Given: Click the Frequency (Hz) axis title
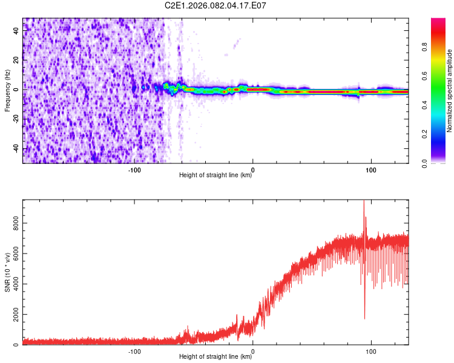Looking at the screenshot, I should tap(7, 91).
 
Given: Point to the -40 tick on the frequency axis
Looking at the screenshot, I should tap(16, 149).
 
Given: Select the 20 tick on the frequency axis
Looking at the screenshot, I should tap(16, 59).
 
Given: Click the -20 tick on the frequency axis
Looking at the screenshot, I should tap(16, 119).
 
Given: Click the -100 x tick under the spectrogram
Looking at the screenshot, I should tap(134, 169).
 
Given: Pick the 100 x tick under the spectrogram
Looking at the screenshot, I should tap(370, 169).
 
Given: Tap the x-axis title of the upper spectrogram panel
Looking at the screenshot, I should tap(215, 175).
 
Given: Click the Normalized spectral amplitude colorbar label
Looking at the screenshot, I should tap(450, 91).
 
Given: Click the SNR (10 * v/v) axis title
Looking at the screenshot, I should tap(7, 272).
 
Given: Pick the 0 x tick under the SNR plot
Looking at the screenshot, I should tap(252, 351).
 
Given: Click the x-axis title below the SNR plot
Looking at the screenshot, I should tap(215, 357).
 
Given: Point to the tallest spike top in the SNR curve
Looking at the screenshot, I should tap(364, 201).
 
